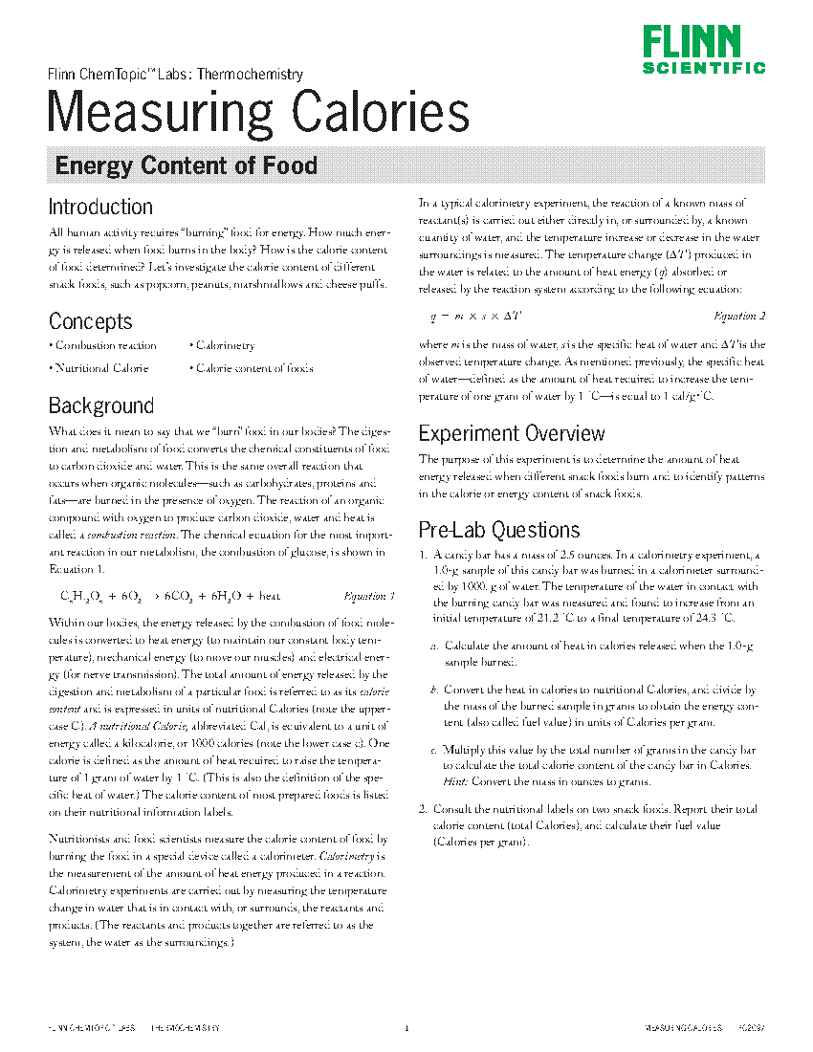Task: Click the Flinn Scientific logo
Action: point(703,50)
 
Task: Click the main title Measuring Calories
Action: point(258,112)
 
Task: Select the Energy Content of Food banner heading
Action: point(186,165)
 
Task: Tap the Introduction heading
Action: point(100,207)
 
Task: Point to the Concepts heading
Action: point(90,321)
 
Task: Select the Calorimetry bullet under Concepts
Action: point(225,345)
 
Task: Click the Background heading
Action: point(100,405)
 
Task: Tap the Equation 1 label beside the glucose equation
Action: point(368,596)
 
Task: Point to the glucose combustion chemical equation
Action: point(170,597)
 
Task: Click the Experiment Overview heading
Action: point(512,434)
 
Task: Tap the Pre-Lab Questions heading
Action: point(498,530)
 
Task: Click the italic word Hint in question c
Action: point(455,782)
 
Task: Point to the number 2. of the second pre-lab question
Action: point(424,809)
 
